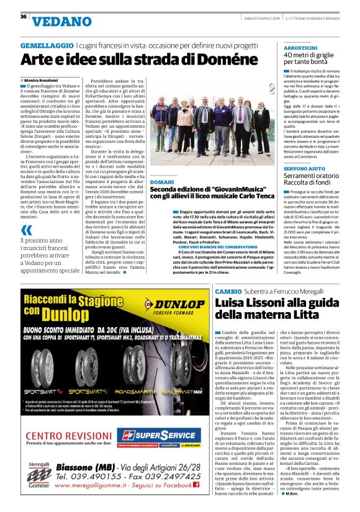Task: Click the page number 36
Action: (x=24, y=17)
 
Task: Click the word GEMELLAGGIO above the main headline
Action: (x=47, y=47)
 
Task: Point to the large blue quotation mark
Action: (x=26, y=230)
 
